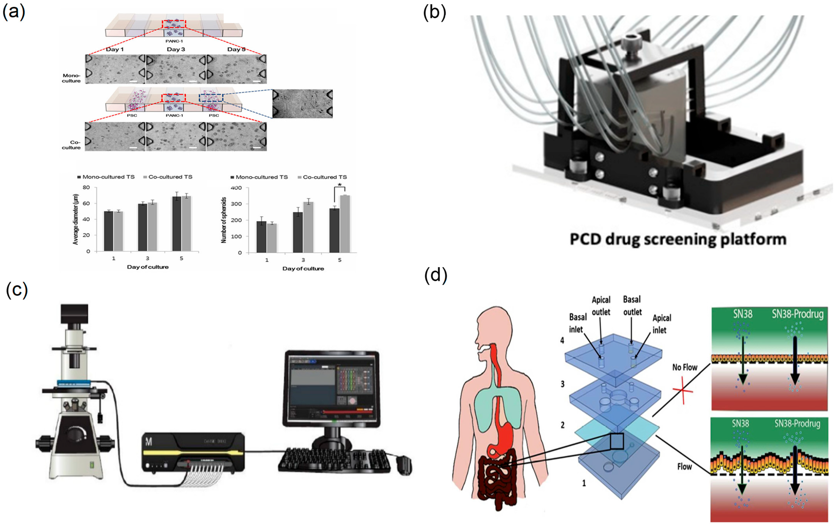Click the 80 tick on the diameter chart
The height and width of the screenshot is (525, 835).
coord(86,187)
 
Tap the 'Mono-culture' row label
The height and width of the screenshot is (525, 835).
coord(72,78)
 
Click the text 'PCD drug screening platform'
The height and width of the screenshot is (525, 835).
coord(678,239)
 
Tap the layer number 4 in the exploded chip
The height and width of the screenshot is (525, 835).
coord(562,340)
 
